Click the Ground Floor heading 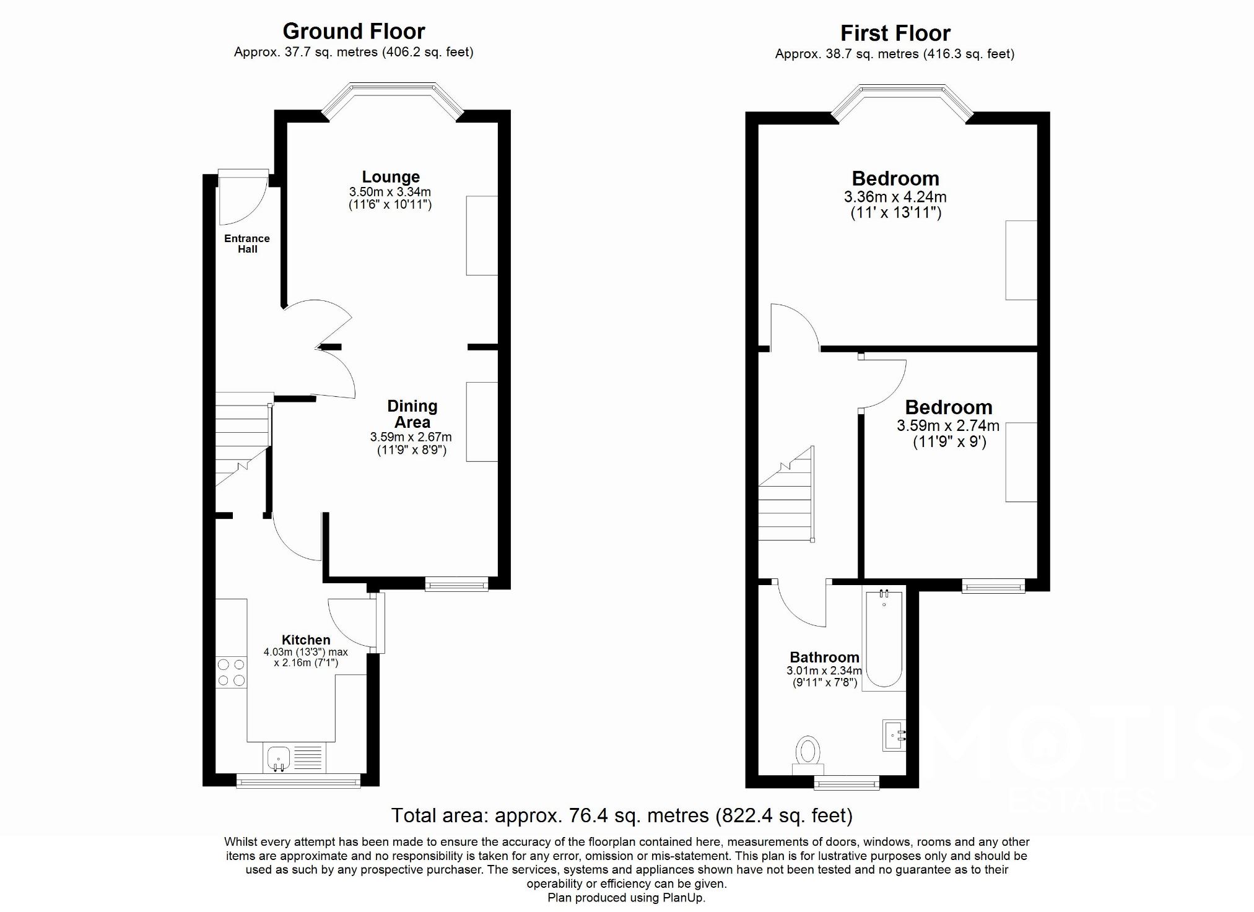(x=354, y=31)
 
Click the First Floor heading (x=895, y=33)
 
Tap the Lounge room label (x=391, y=177)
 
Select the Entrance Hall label (x=247, y=243)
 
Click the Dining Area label (x=412, y=414)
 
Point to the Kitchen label (x=306, y=640)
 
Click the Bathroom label (x=824, y=657)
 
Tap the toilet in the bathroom (x=808, y=753)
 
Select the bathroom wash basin (x=894, y=735)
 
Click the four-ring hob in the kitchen (x=231, y=672)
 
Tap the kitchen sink (x=279, y=758)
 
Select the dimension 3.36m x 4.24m (x=895, y=197)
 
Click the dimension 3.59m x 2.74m (x=948, y=426)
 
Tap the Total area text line (x=622, y=815)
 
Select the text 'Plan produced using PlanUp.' (x=626, y=897)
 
